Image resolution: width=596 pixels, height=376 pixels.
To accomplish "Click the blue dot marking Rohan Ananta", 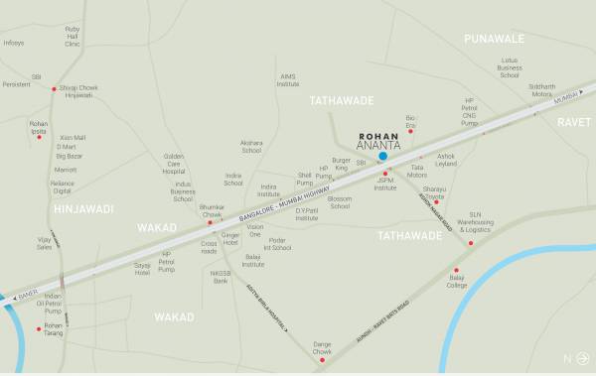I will coord(382,156).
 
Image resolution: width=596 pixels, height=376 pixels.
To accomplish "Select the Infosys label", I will coord(14,44).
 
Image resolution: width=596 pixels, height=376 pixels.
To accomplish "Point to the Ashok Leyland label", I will coord(446,160).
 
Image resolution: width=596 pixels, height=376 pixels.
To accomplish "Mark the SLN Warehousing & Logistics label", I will coord(490,225).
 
